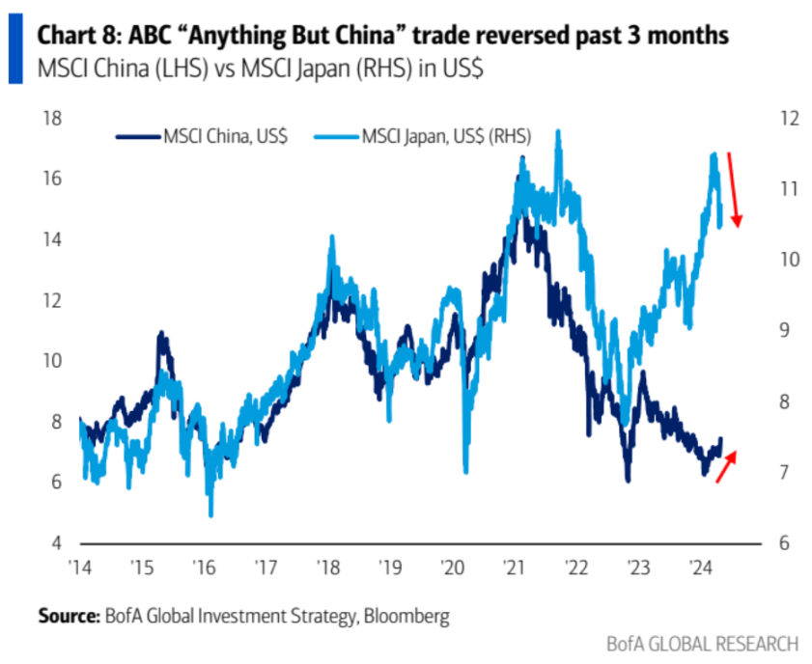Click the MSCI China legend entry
pos(202,137)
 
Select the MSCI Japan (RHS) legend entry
pos(423,137)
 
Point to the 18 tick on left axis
pos(52,119)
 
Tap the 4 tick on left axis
pos(56,543)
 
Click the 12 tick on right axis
pos(790,119)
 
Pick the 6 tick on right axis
pos(784,543)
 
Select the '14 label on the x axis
pos(80,567)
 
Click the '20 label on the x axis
pos(452,567)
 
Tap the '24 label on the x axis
pos(700,567)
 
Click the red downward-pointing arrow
pos(734,190)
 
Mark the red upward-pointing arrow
pos(726,466)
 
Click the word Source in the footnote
pos(69,616)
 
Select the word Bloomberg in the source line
pos(406,617)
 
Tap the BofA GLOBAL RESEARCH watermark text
pos(703,645)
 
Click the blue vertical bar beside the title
pos(15,48)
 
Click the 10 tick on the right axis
pos(790,260)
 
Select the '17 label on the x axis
pos(266,567)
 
